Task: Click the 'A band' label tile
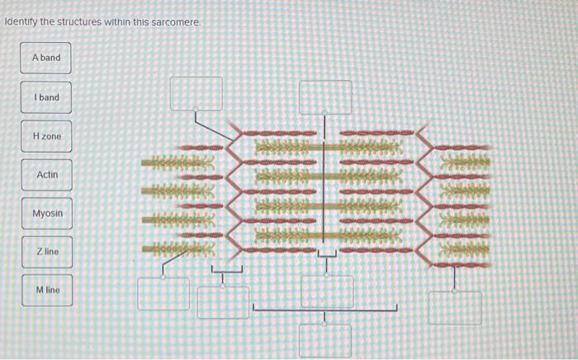click(46, 58)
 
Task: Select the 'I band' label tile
click(46, 97)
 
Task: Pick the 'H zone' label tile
click(46, 135)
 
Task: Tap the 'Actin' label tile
click(47, 175)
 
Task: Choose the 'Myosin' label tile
click(47, 214)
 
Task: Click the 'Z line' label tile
click(47, 251)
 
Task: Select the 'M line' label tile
click(47, 290)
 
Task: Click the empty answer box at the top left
click(196, 92)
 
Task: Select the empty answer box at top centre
click(325, 96)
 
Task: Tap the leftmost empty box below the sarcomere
click(163, 293)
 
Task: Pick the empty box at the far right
click(455, 307)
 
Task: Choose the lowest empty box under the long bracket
click(325, 339)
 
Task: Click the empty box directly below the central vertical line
click(327, 291)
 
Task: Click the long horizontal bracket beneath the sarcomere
click(325, 310)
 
